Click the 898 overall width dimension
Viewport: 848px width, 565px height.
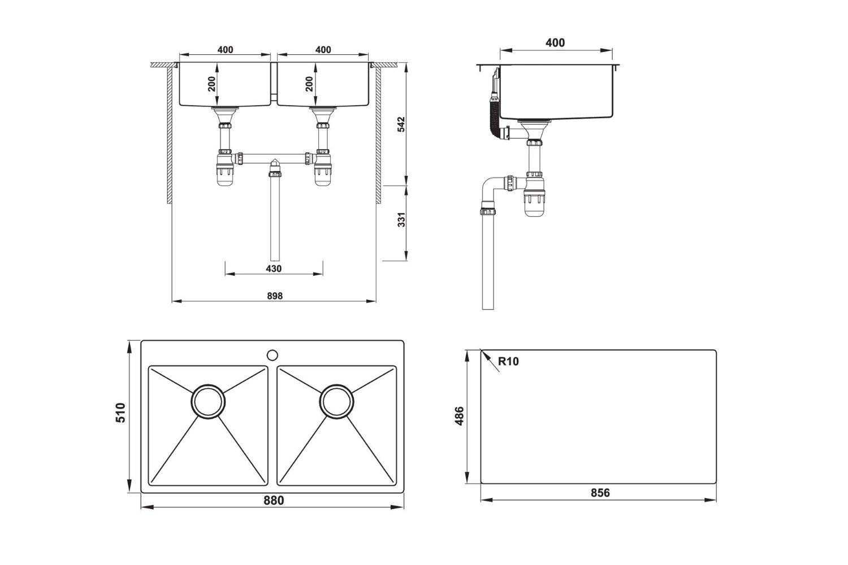(274, 295)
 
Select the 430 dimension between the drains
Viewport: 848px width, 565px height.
(274, 268)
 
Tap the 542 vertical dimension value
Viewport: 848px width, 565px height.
(401, 124)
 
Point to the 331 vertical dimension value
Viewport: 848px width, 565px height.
(401, 220)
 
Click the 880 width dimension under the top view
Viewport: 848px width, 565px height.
(273, 501)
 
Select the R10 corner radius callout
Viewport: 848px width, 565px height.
(508, 362)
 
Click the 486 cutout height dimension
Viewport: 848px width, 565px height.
(459, 416)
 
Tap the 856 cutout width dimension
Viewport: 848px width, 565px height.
(600, 493)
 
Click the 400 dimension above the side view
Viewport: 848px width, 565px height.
(555, 43)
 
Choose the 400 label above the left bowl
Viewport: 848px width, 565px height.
(225, 50)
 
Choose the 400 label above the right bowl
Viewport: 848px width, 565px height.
(323, 50)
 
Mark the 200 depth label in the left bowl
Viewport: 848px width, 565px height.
(211, 84)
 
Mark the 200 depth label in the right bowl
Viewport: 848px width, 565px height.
(309, 84)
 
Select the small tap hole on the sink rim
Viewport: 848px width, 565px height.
(272, 355)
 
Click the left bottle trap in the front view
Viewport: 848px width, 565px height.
(226, 172)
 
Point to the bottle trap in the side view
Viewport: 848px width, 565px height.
(534, 201)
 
